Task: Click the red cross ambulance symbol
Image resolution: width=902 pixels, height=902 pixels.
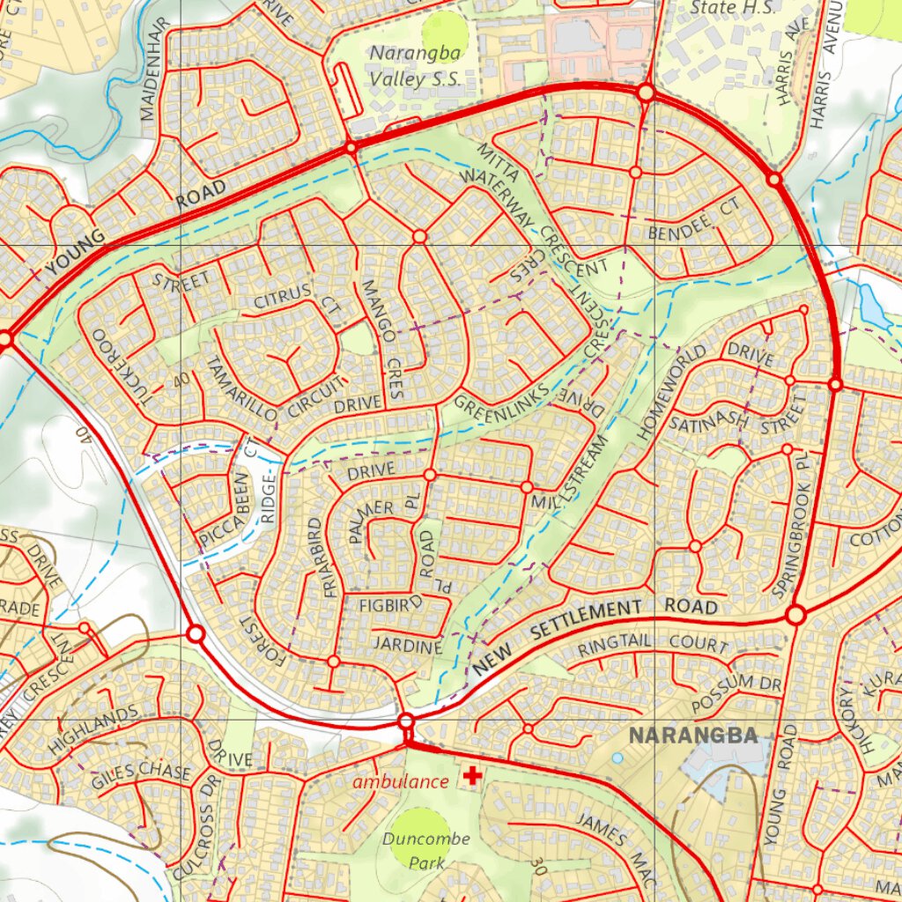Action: coord(473,776)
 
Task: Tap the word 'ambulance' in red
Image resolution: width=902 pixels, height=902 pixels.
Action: coord(401,781)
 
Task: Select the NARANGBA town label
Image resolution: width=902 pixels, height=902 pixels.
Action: coord(693,736)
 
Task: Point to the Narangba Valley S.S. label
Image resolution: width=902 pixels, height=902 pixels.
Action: coord(414,65)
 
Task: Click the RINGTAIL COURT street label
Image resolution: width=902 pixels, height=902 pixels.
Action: coord(653,645)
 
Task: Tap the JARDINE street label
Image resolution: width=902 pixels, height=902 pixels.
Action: coord(406,647)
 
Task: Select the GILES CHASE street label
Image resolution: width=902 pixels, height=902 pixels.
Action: coord(141,772)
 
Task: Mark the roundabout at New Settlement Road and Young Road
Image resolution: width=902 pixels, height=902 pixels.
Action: coord(795,615)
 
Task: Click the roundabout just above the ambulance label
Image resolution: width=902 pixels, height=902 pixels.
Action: coord(406,722)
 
